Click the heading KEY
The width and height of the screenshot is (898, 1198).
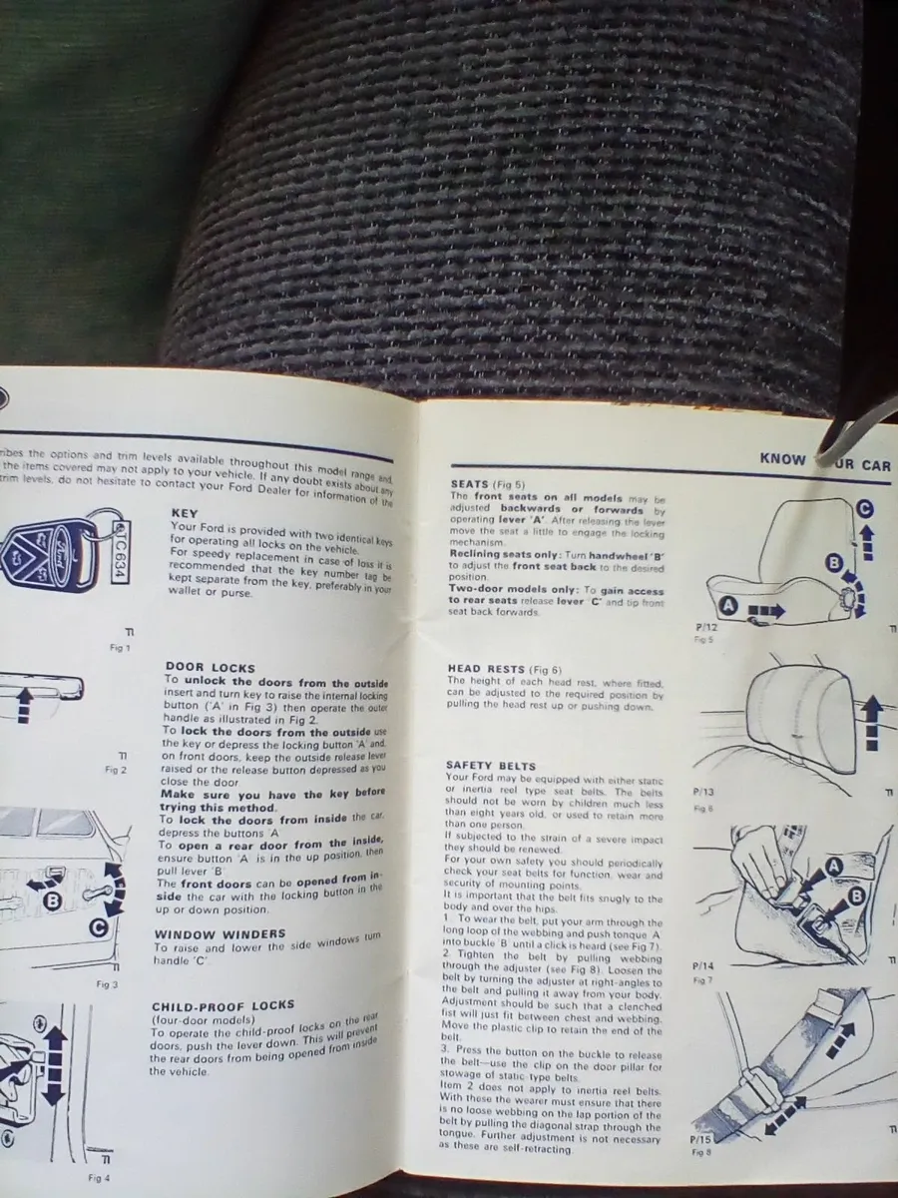pos(186,514)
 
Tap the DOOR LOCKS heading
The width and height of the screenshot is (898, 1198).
pos(210,667)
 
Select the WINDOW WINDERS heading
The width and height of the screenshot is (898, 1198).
pos(220,934)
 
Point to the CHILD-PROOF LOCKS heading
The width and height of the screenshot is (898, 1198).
pos(224,1006)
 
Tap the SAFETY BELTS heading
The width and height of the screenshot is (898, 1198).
pos(494,765)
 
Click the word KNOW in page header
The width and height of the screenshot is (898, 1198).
pos(782,459)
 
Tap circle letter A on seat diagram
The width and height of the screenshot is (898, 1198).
pos(727,604)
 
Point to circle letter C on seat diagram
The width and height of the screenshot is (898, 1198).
pos(863,507)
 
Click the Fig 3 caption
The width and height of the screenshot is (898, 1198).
pos(108,984)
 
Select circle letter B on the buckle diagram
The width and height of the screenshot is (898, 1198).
pos(854,897)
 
